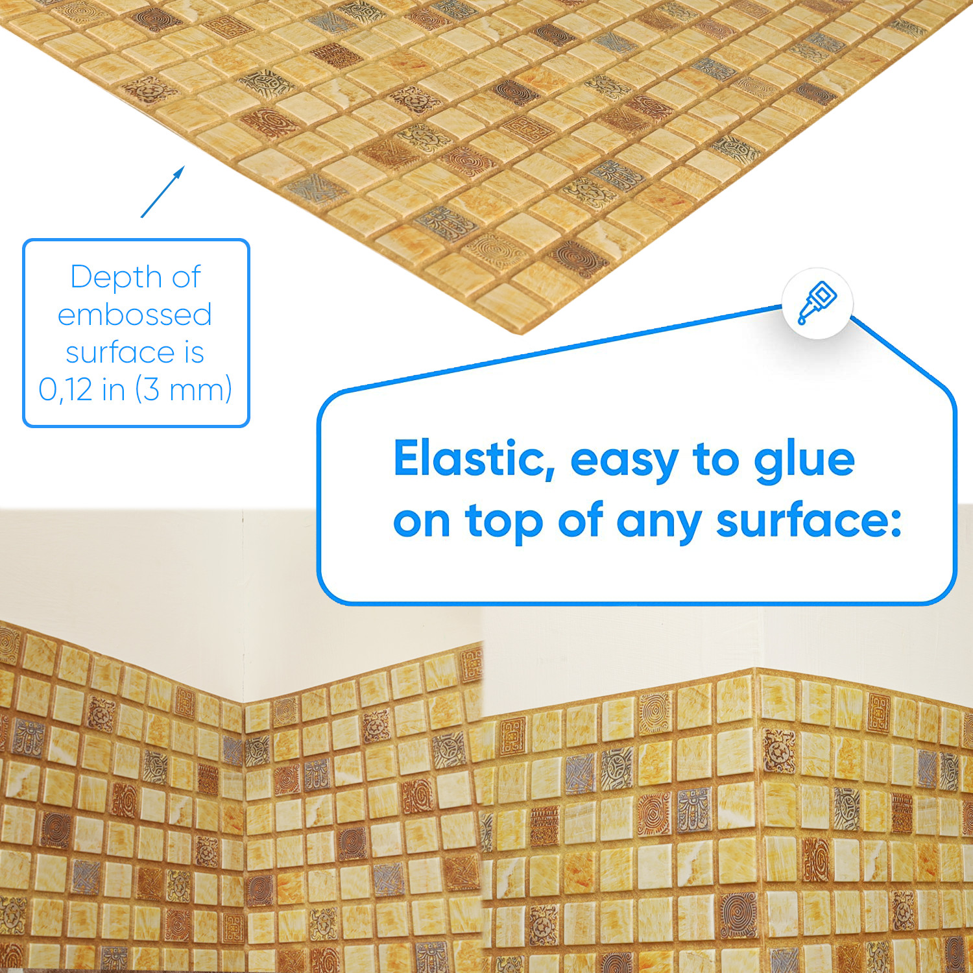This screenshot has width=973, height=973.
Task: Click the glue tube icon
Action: [x=817, y=302]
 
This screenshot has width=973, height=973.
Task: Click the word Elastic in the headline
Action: [x=474, y=459]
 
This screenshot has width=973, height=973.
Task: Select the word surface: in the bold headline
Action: [x=809, y=520]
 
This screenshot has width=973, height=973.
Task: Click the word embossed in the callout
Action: [x=135, y=315]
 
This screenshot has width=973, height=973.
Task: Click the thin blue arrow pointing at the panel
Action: [x=163, y=192]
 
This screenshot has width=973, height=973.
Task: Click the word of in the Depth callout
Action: [x=186, y=277]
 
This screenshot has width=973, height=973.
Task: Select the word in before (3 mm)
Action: [x=114, y=389]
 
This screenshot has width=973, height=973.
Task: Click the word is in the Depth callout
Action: [x=194, y=352]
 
